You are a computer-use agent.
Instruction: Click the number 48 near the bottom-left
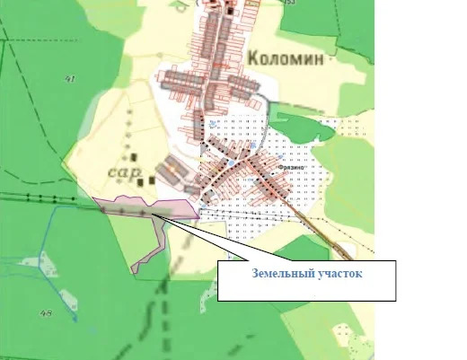click(46, 313)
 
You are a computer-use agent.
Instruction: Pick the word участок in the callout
click(339, 274)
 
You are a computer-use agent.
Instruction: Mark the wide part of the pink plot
click(144, 207)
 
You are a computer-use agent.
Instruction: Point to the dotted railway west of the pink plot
click(45, 197)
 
